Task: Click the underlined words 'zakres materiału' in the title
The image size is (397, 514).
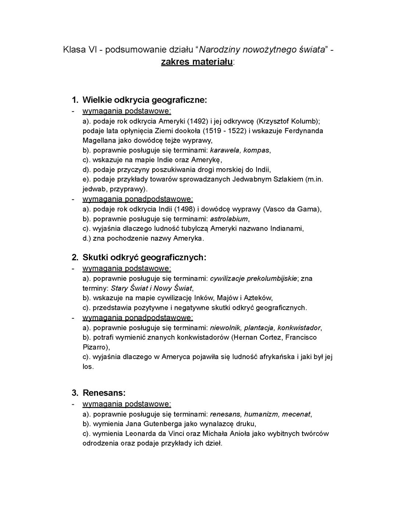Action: point(197,61)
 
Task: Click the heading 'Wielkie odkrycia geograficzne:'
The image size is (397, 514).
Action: point(144,100)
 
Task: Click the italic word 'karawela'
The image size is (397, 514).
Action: point(225,150)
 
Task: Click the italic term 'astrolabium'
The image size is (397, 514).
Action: point(229,219)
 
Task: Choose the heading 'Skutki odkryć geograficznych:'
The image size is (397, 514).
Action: point(144,257)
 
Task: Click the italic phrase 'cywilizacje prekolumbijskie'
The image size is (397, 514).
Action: point(253,279)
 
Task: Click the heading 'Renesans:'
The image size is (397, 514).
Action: point(104,393)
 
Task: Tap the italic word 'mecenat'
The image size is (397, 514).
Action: point(296,414)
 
